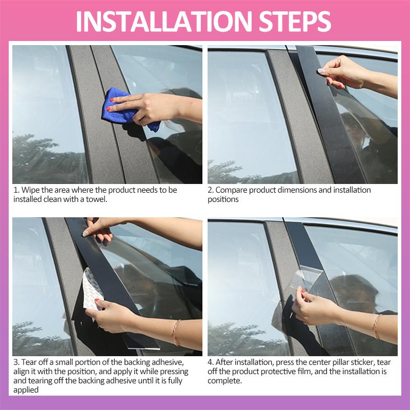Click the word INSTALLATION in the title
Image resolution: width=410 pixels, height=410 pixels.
click(164, 21)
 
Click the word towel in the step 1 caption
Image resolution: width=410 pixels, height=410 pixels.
click(96, 199)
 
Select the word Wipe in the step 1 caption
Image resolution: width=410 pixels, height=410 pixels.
click(30, 190)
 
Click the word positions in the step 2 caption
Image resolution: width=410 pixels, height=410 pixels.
click(223, 199)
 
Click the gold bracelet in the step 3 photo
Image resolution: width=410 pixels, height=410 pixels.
click(176, 333)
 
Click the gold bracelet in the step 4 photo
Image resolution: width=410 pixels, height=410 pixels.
click(376, 327)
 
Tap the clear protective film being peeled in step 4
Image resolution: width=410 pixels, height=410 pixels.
click(306, 278)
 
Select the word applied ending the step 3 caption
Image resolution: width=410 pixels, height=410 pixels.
click(26, 390)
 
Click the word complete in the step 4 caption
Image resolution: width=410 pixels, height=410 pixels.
click(225, 381)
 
